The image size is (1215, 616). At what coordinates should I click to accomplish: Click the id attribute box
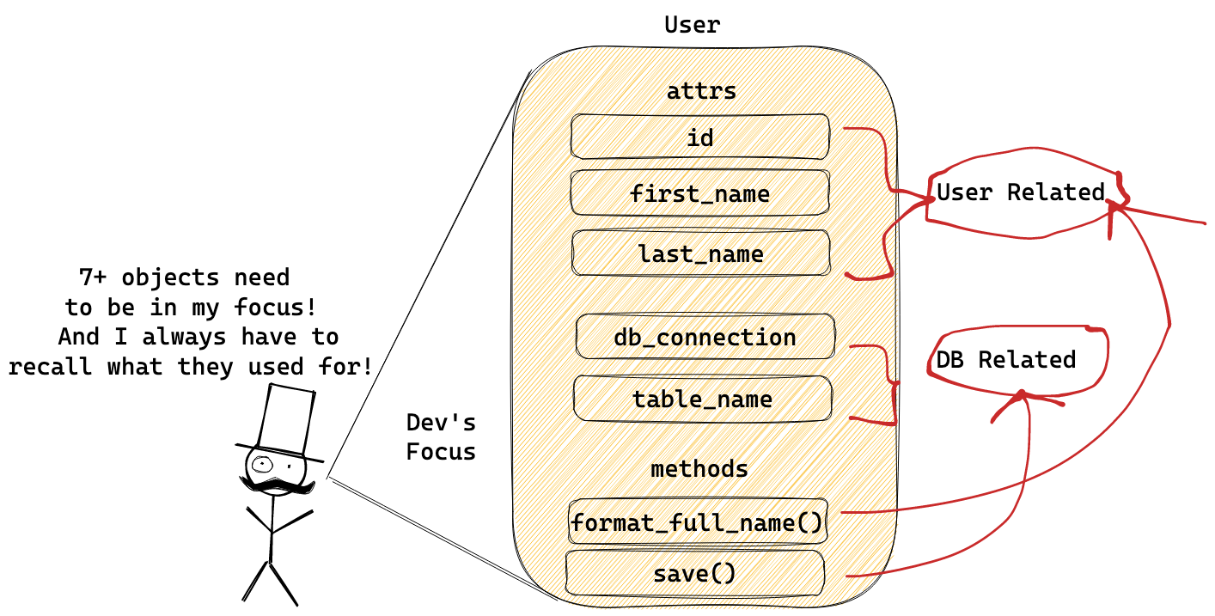coord(700,137)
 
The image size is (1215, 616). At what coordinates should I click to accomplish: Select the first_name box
coord(699,193)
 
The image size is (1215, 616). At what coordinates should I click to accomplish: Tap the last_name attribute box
coord(700,253)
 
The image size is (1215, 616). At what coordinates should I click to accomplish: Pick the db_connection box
coord(705,337)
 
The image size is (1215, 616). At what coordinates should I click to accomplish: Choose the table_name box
coord(702,399)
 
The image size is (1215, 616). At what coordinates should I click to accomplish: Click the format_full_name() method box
coord(697,521)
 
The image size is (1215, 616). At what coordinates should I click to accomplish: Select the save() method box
coord(694,573)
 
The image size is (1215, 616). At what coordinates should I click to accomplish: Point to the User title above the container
coord(692,25)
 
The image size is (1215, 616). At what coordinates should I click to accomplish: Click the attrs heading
coord(701,91)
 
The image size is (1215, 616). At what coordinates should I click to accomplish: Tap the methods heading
coord(699,469)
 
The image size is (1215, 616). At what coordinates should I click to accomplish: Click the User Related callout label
coord(1020,192)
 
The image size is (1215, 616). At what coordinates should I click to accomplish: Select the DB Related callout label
coord(1005,359)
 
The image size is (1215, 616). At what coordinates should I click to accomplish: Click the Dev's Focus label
coord(441,437)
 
